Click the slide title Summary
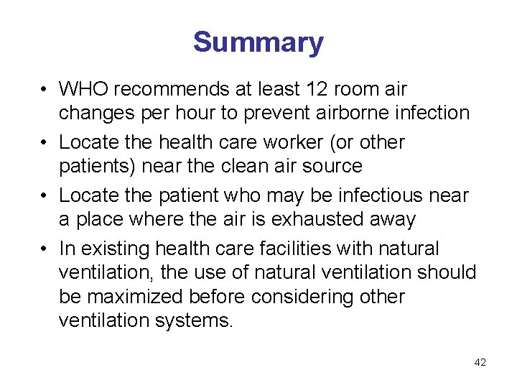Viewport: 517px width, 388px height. point(258,42)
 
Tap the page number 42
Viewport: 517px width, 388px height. point(480,363)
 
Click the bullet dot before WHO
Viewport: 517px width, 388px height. point(45,90)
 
